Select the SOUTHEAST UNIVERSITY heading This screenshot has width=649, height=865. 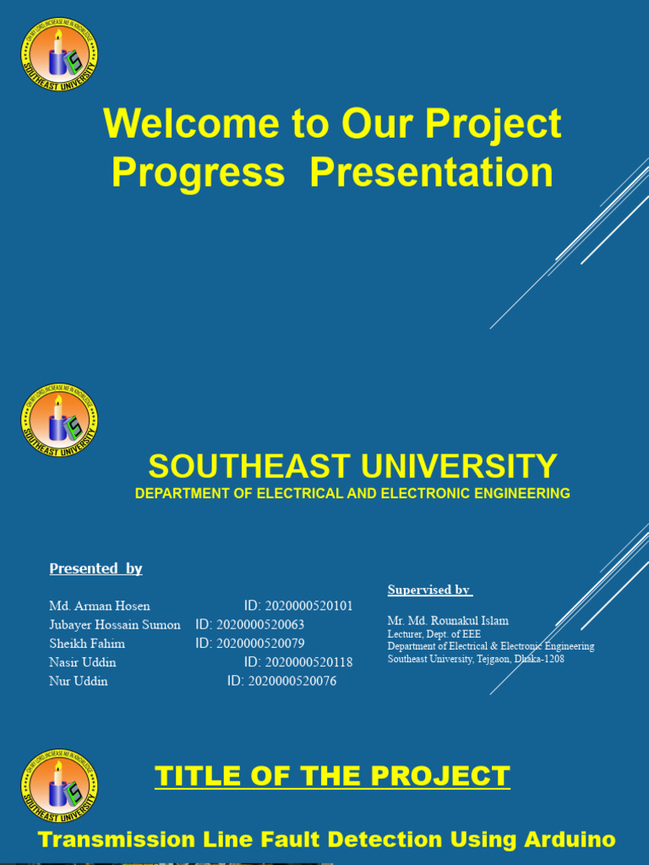(352, 466)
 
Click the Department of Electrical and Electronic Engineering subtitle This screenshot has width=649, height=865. (352, 493)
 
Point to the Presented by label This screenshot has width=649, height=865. (95, 569)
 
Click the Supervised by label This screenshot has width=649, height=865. (429, 590)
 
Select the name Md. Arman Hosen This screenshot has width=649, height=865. (99, 606)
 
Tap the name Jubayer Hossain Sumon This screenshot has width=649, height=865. (114, 625)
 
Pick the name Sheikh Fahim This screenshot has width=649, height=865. (86, 644)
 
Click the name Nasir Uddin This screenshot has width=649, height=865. (82, 662)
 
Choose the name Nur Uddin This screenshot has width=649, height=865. (78, 681)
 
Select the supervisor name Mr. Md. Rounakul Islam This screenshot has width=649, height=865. (448, 621)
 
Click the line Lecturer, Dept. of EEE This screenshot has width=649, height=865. (434, 634)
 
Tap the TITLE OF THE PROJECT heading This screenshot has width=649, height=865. (332, 775)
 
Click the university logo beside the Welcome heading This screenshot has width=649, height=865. (59, 56)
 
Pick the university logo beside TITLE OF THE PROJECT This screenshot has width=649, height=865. (59, 786)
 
